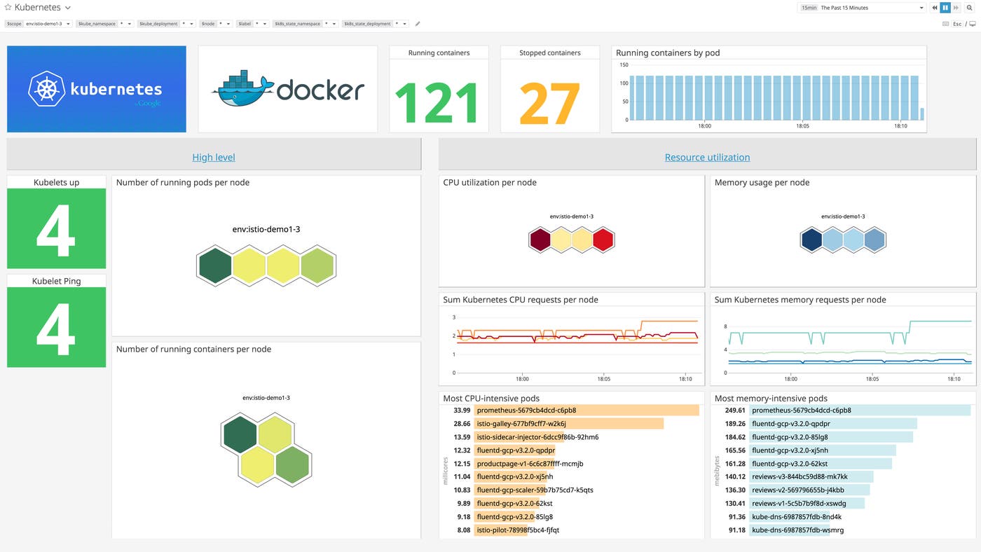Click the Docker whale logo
click(x=242, y=89)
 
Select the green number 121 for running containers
click(x=438, y=102)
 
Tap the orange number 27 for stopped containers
click(x=549, y=102)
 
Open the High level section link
click(x=214, y=158)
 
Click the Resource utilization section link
click(x=707, y=158)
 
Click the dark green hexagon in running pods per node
click(x=215, y=266)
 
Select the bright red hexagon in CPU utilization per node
click(x=603, y=240)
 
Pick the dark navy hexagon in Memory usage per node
click(x=812, y=240)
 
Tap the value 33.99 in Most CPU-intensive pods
click(x=462, y=410)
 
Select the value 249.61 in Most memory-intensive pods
click(x=735, y=410)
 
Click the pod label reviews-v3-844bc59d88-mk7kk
click(x=799, y=477)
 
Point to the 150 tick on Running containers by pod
click(x=623, y=65)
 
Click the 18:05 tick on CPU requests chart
click(x=603, y=379)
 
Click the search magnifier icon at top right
click(x=970, y=8)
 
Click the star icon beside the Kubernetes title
click(x=8, y=8)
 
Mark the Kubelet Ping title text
click(x=56, y=281)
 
